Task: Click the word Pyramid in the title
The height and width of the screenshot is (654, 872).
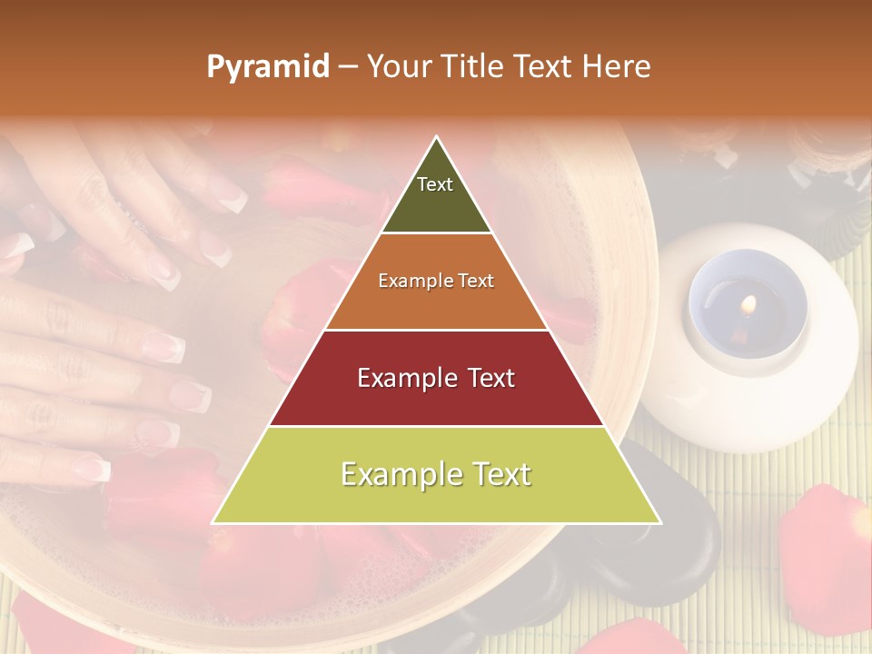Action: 267,67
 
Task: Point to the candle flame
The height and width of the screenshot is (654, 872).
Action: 749,304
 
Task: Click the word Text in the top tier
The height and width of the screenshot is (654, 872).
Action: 435,184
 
